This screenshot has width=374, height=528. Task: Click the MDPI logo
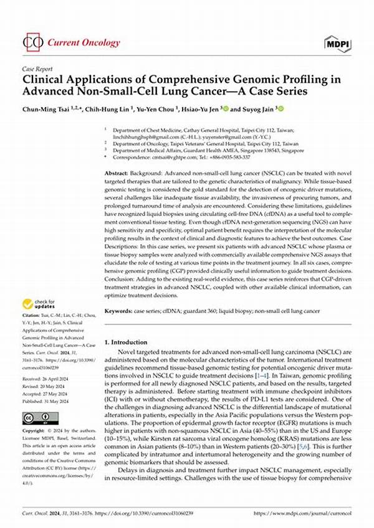(x=338, y=42)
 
